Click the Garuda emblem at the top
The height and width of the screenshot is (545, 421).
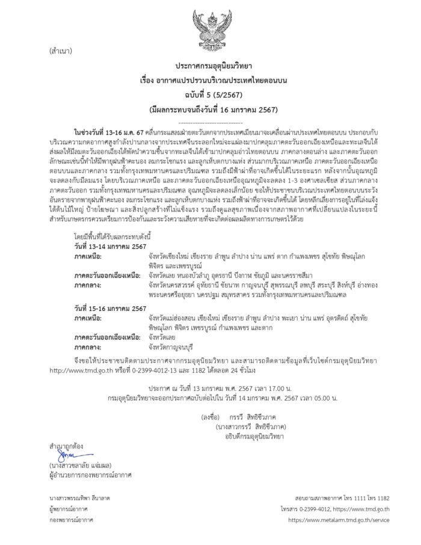point(210,27)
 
